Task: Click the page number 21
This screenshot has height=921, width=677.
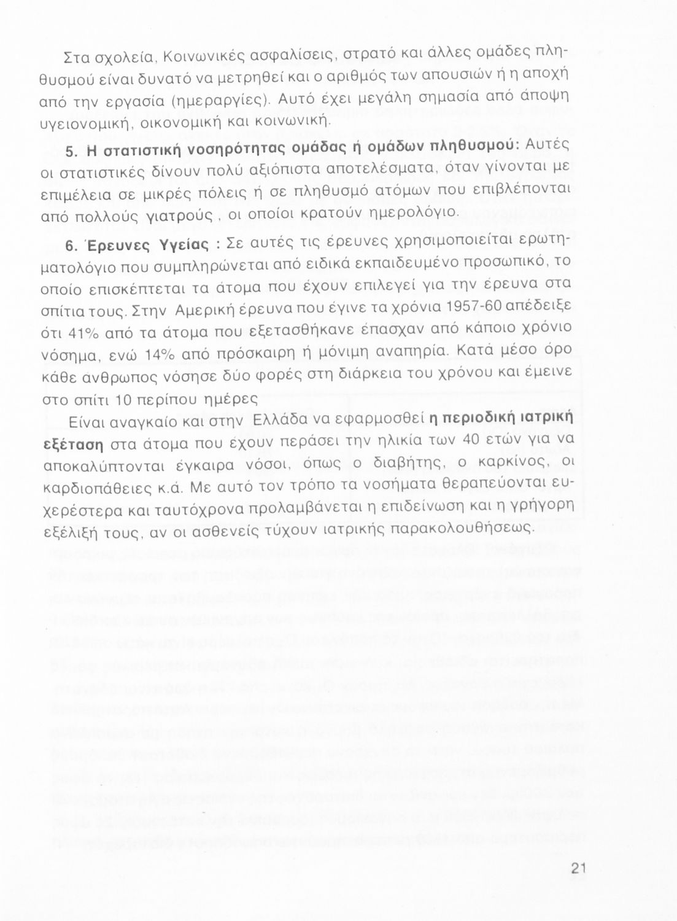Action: (x=578, y=868)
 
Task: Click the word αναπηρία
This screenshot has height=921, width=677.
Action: (x=401, y=352)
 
